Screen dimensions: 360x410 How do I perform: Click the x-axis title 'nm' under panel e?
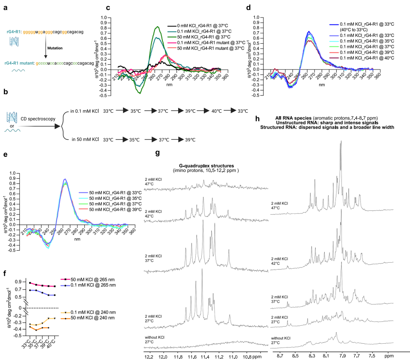click(77, 239)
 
